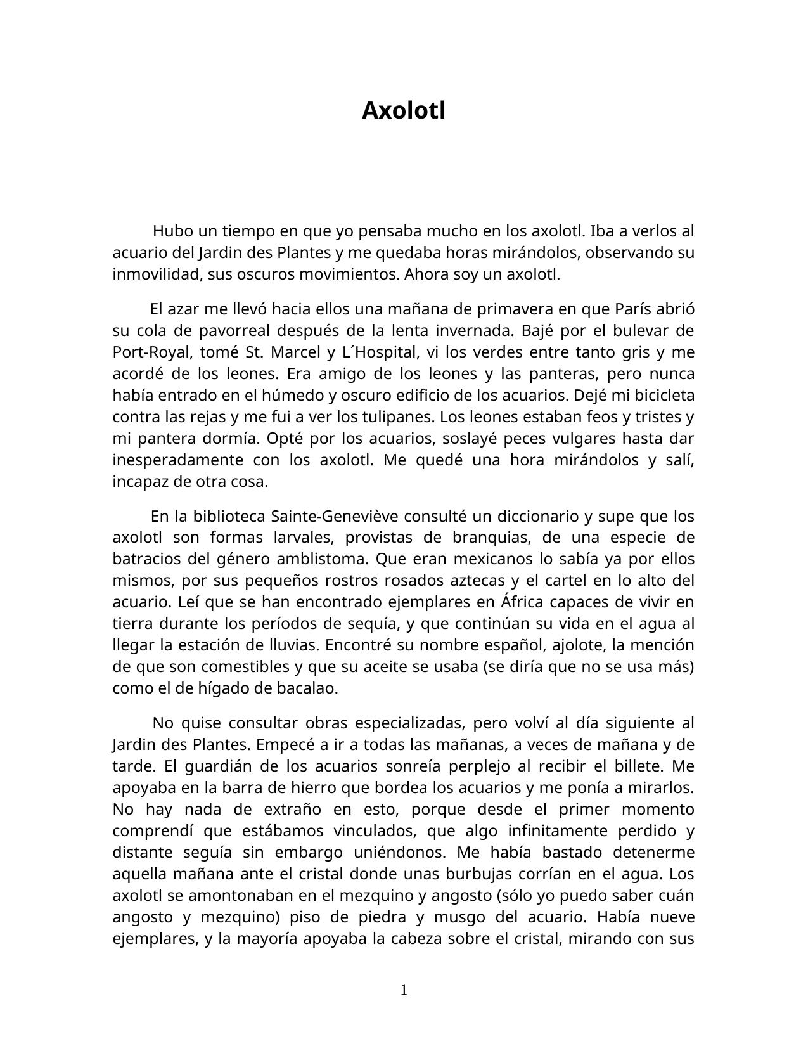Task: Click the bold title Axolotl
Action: click(404, 111)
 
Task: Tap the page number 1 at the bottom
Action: click(404, 990)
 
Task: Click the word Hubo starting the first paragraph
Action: click(173, 231)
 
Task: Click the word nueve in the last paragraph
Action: click(674, 917)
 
